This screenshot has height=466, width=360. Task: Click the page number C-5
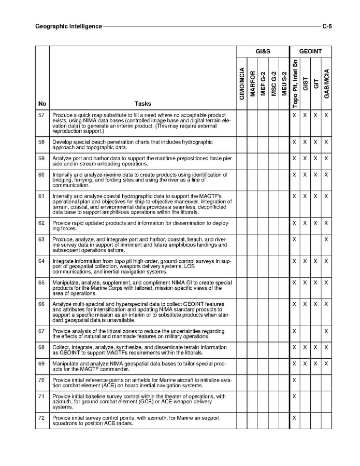click(327, 26)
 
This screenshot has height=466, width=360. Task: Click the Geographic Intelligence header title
click(68, 26)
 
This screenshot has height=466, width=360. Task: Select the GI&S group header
click(263, 51)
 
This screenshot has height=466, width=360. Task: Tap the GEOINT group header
click(310, 51)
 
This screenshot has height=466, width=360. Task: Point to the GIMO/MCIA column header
click(242, 83)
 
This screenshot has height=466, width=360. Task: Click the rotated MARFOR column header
click(253, 83)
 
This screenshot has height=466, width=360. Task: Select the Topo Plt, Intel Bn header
click(294, 82)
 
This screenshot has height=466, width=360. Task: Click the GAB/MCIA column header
click(326, 83)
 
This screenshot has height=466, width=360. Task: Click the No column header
click(42, 104)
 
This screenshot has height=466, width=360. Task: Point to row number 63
click(42, 239)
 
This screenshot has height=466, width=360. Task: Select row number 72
click(42, 418)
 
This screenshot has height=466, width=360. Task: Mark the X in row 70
click(294, 380)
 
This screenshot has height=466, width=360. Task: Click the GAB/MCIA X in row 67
click(326, 331)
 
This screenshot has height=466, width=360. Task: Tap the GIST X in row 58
click(305, 142)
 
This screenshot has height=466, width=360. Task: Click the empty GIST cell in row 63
click(305, 239)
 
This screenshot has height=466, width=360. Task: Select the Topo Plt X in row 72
click(294, 418)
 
